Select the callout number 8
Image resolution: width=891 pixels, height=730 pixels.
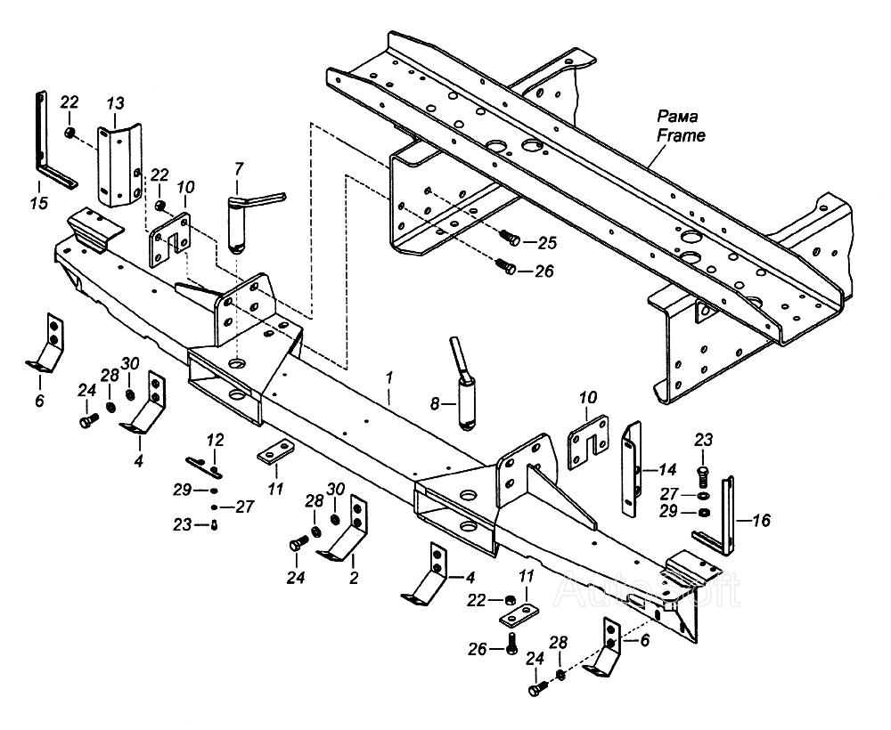[x=435, y=403]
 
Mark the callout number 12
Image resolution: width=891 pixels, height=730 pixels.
[x=215, y=440]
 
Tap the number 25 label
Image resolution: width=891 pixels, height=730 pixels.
[x=546, y=242]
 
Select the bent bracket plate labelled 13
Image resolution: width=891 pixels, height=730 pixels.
[x=119, y=166]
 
